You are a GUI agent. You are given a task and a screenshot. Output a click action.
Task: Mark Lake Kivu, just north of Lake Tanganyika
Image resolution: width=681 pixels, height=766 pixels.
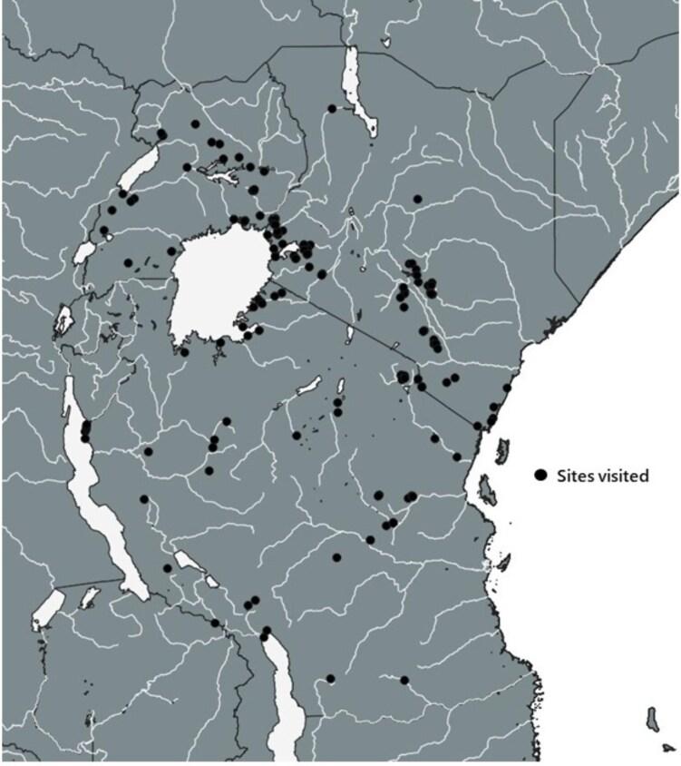[x=63, y=320]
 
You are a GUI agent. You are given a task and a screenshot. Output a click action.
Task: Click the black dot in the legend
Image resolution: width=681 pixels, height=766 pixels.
[x=541, y=475]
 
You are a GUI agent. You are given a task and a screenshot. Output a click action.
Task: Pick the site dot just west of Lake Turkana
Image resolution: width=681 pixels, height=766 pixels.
[x=333, y=109]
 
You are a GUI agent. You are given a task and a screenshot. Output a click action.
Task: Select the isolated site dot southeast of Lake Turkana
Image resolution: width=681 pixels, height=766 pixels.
[x=418, y=199]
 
